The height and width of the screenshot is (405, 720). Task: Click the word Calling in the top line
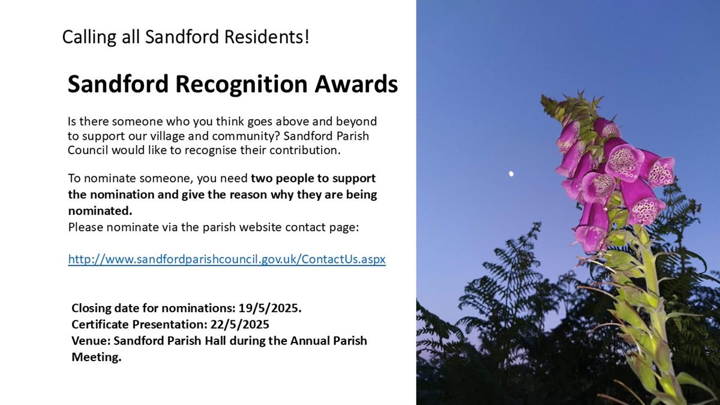click(x=89, y=37)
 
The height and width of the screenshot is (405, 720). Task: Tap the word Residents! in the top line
click(x=267, y=37)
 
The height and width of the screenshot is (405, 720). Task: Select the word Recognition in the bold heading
click(x=241, y=85)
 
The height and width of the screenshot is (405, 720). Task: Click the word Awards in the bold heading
click(x=356, y=83)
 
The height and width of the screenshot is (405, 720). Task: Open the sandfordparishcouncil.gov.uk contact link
click(x=227, y=259)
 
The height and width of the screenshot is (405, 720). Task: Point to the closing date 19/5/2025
click(x=270, y=308)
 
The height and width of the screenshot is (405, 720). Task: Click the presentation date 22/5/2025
click(x=240, y=325)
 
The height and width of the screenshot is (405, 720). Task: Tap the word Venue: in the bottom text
click(x=91, y=341)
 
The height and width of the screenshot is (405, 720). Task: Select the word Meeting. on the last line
click(x=97, y=357)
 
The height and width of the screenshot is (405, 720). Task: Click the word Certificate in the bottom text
click(x=100, y=325)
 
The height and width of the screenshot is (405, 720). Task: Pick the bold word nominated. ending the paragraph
click(x=100, y=211)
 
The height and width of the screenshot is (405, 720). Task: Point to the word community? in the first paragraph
click(x=245, y=137)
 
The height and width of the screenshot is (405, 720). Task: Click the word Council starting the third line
click(x=88, y=150)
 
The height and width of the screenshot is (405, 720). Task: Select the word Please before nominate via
click(x=85, y=227)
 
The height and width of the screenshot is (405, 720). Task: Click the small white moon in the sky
click(x=511, y=174)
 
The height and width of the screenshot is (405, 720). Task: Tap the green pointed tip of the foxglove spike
click(x=542, y=97)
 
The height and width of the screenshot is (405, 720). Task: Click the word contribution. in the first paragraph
click(x=305, y=150)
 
